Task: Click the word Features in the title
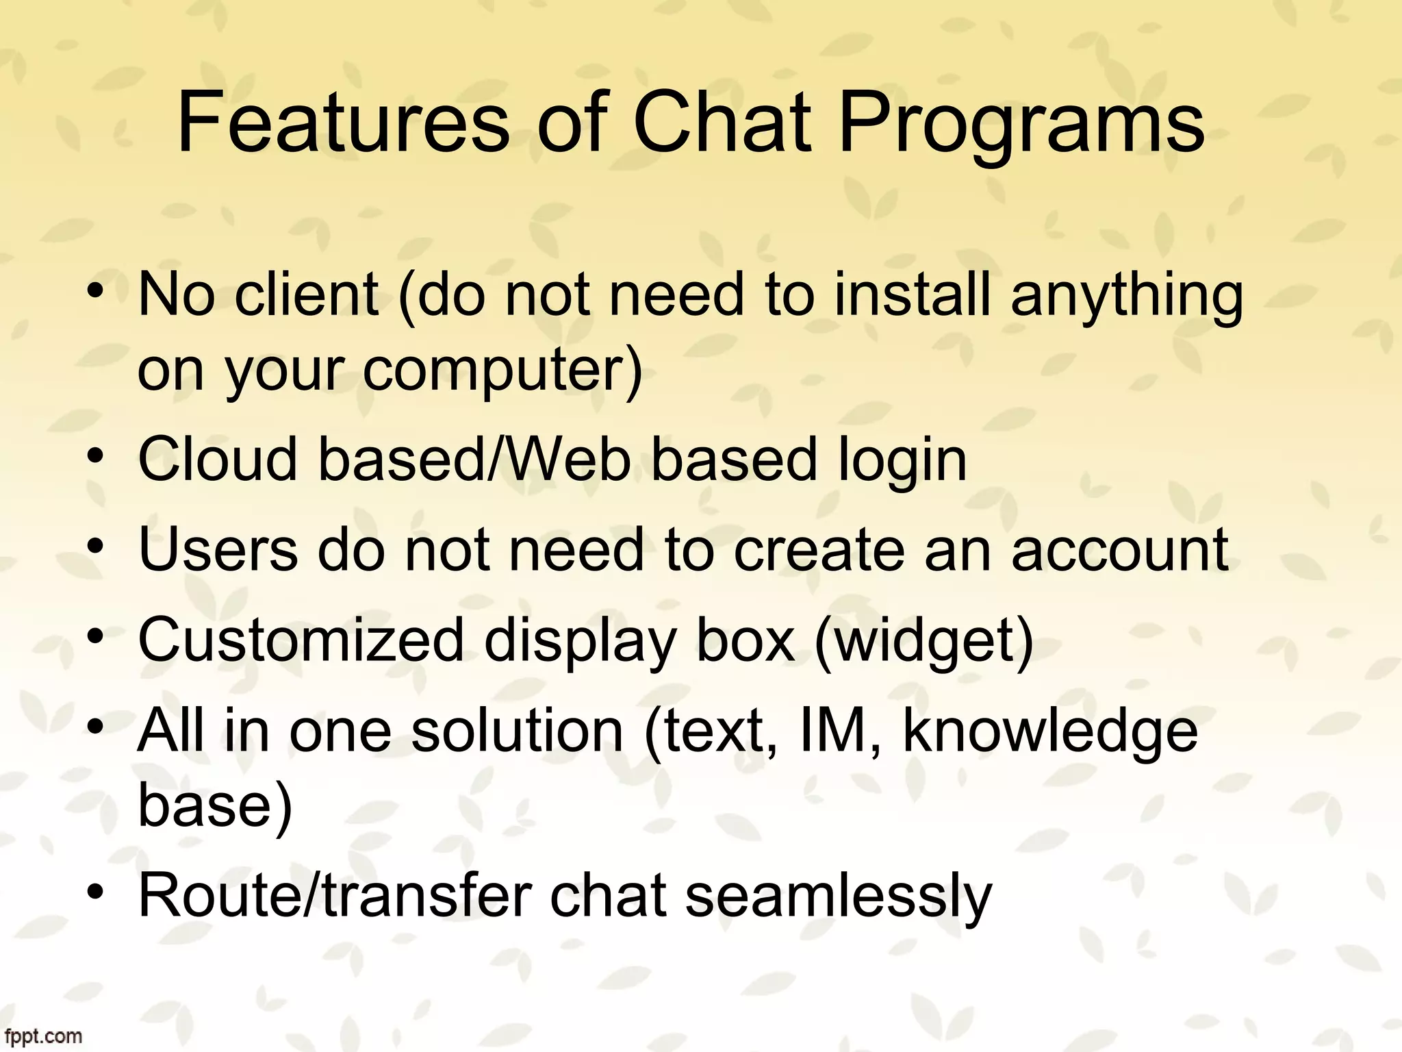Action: point(343,125)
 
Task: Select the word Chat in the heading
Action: point(723,125)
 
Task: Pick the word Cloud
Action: point(218,459)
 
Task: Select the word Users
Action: point(218,549)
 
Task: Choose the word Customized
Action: point(301,640)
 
